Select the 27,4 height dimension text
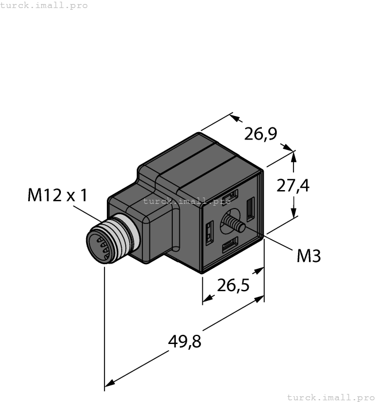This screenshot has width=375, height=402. [x=293, y=185]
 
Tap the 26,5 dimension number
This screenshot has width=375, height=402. [x=233, y=285]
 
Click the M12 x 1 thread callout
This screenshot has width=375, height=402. [x=57, y=195]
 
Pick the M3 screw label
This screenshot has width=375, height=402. [x=308, y=256]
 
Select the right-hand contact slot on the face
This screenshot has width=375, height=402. [x=250, y=208]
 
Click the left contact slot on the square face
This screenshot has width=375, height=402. [x=209, y=233]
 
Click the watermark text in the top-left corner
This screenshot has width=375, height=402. [x=44, y=5]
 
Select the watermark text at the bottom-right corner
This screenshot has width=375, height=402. [x=330, y=397]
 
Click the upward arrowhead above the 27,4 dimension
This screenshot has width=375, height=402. [x=295, y=156]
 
